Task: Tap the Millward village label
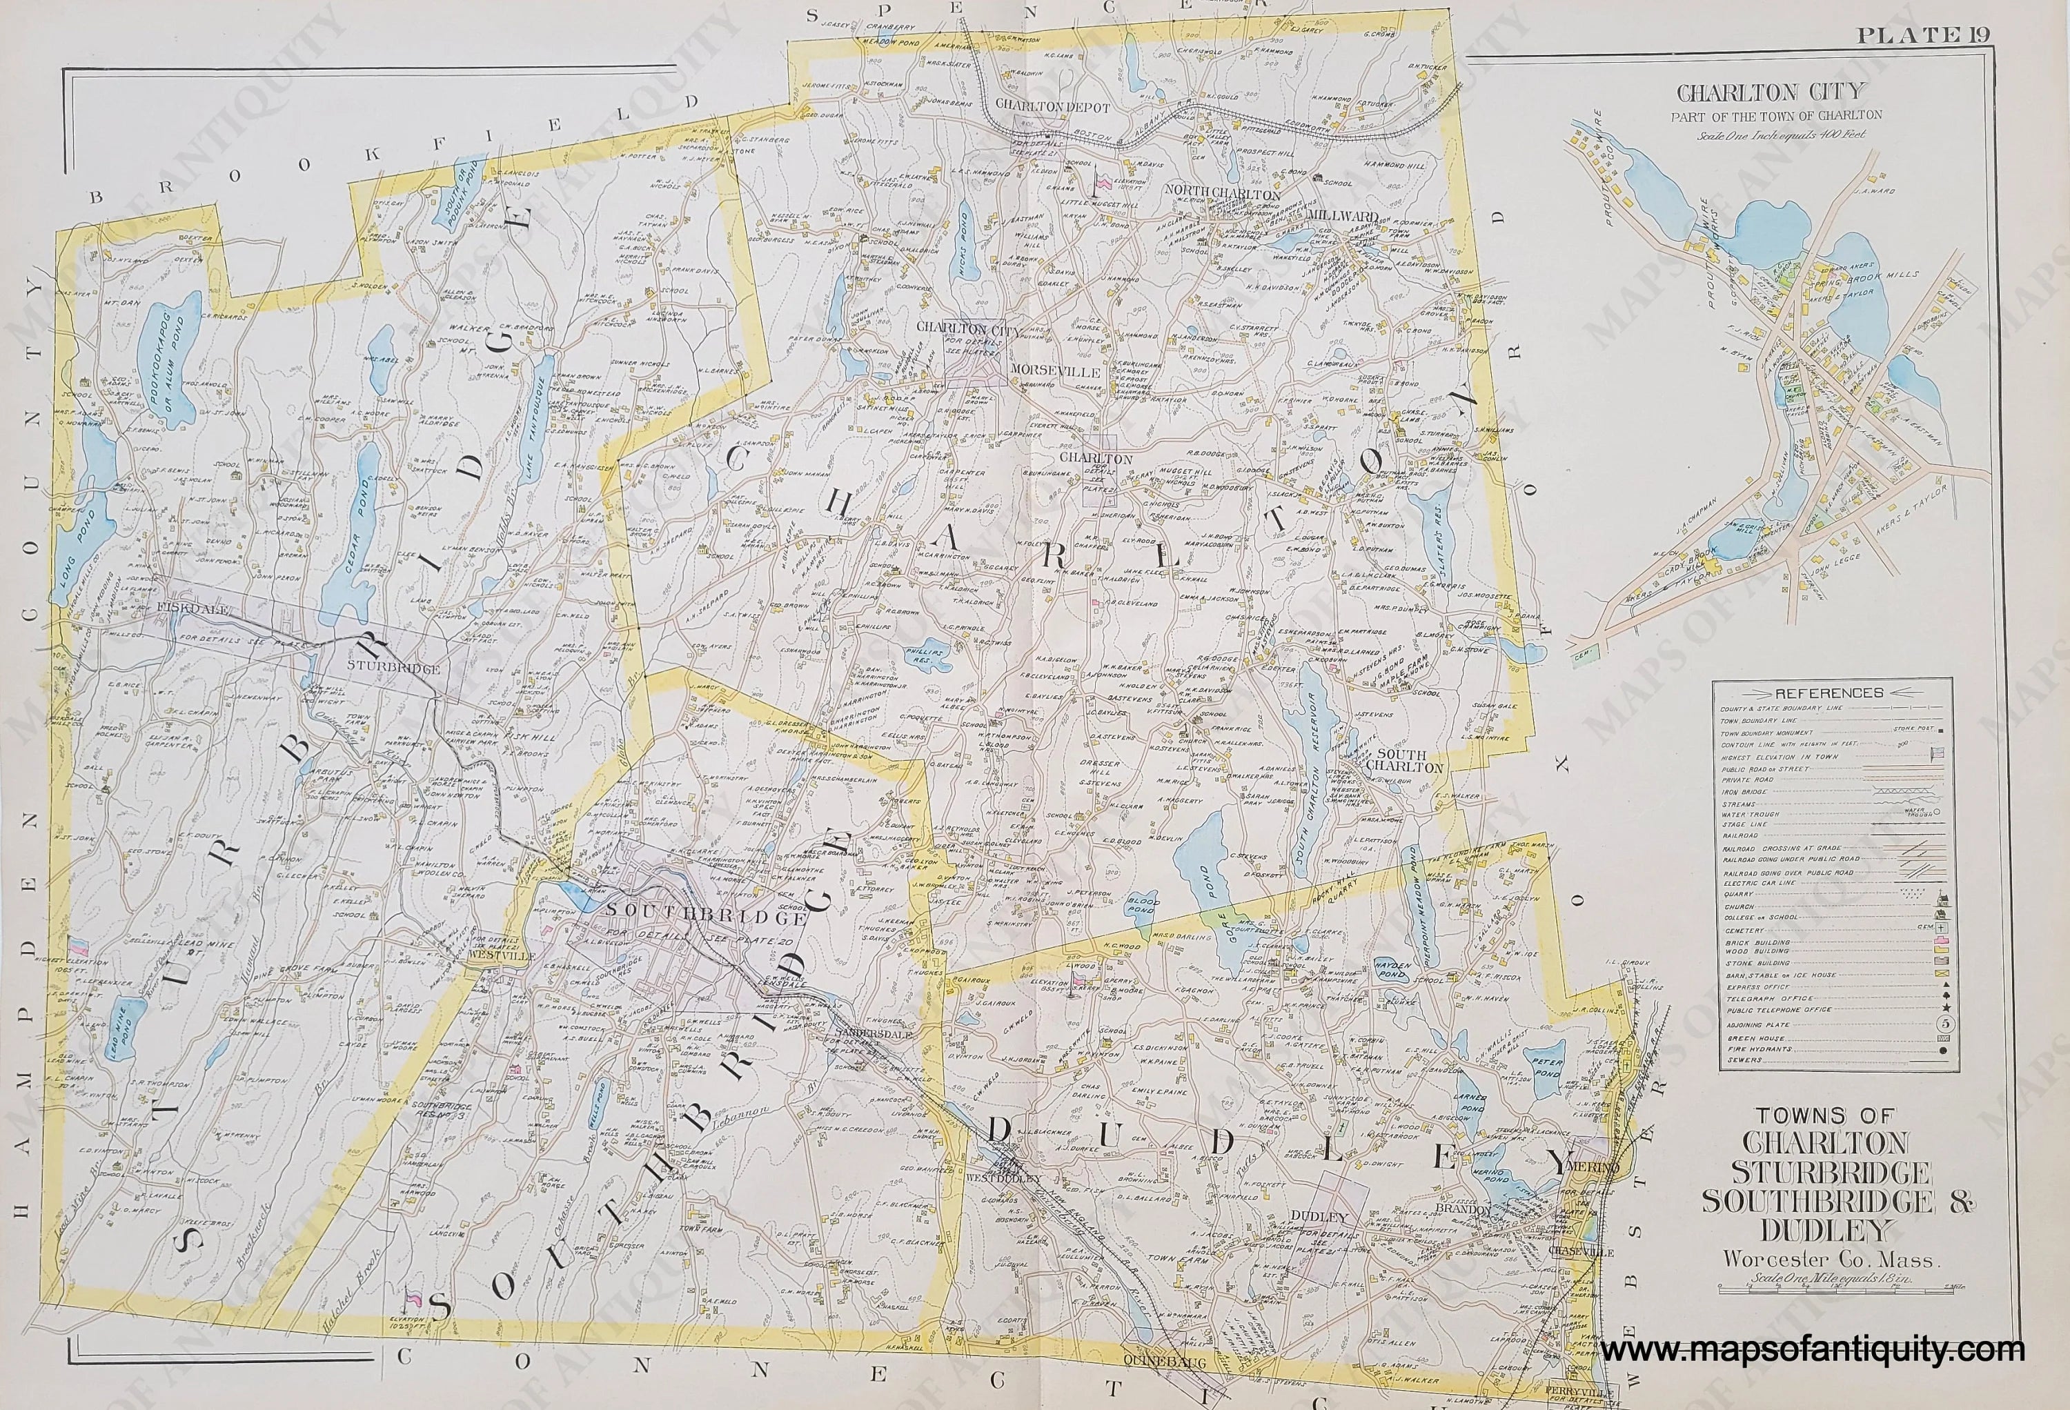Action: (x=1343, y=215)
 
